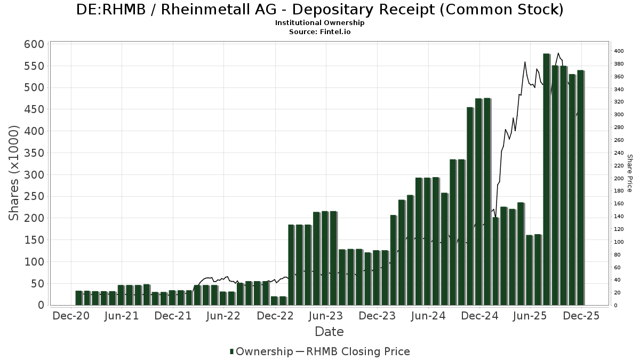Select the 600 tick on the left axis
(x=34, y=44)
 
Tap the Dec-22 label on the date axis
(x=276, y=316)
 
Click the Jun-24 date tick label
(x=429, y=316)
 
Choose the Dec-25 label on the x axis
(x=582, y=316)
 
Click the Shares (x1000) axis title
(x=14, y=173)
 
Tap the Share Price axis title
(x=630, y=173)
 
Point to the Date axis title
(x=329, y=332)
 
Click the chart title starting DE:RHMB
(x=320, y=10)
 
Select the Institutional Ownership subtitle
(x=320, y=23)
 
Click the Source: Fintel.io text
(x=320, y=31)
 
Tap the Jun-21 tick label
(x=123, y=316)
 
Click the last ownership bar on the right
(x=580, y=188)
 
